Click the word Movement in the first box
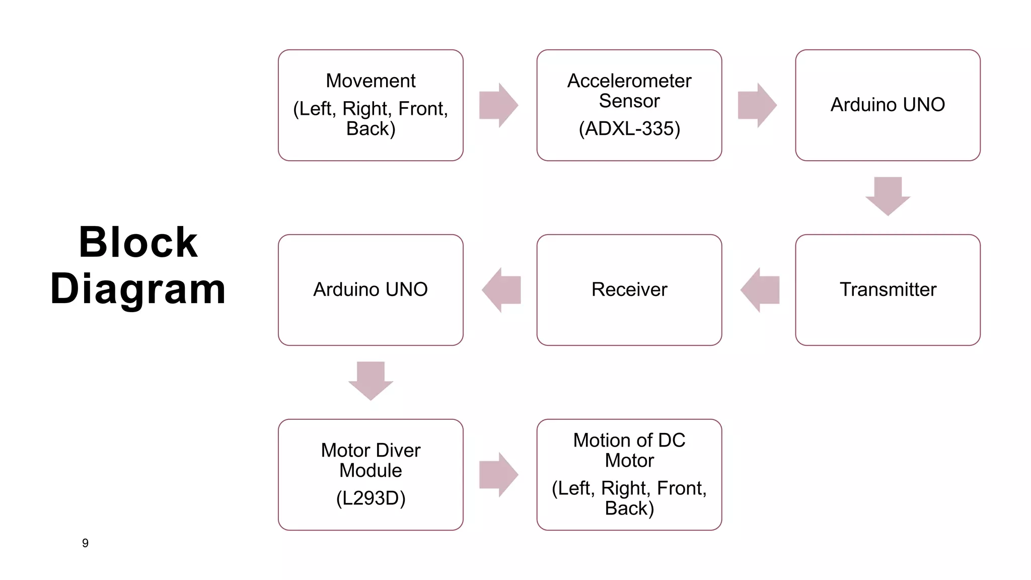coord(371,81)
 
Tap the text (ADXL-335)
coord(629,129)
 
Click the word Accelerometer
coord(629,81)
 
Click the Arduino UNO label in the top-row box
coord(888,105)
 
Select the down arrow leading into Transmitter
coord(888,196)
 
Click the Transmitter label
coord(888,289)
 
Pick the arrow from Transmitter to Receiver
coord(760,290)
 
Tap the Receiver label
coord(629,289)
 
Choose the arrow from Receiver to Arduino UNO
coord(501,290)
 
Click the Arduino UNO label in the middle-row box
coord(371,289)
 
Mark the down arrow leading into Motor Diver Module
coord(371,381)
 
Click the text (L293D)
coord(371,498)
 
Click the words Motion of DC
coord(629,441)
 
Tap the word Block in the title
coord(138,243)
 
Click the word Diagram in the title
coord(138,289)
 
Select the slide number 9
coord(85,543)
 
